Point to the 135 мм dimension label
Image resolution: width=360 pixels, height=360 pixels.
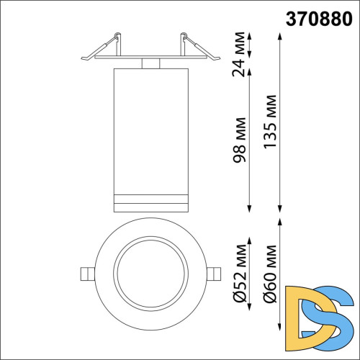269,121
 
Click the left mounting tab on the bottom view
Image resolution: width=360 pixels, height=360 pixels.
86,274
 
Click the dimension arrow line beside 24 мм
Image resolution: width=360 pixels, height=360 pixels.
251,45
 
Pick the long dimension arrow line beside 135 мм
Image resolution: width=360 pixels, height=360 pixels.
280,121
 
